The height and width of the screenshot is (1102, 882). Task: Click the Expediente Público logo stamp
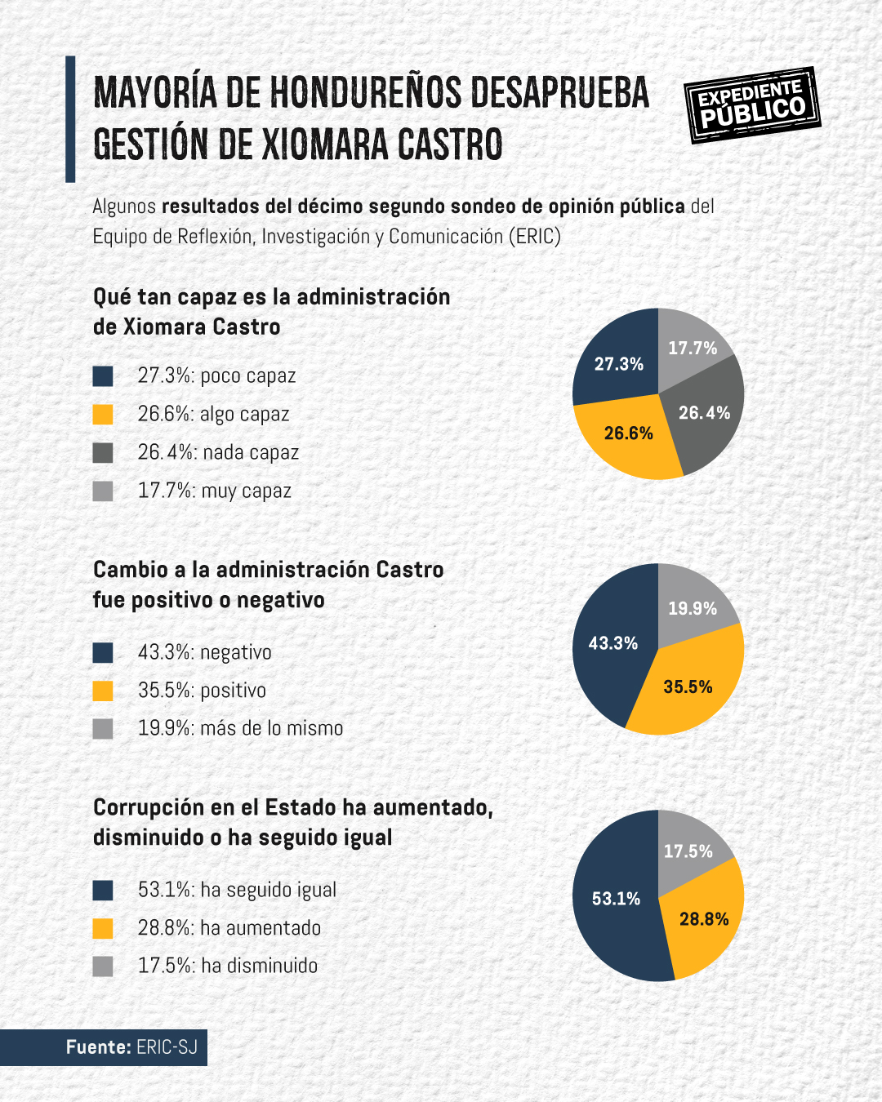point(751,105)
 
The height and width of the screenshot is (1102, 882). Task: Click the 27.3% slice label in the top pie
point(618,364)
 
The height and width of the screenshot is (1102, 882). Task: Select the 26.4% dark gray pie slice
point(705,413)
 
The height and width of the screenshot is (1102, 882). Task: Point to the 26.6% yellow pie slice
point(629,433)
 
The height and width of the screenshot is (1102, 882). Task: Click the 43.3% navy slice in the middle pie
point(612,643)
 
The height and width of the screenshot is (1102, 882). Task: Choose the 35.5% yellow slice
point(688,687)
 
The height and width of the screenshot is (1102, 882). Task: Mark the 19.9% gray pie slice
point(693,608)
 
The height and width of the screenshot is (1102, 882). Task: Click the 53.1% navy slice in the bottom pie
point(616,899)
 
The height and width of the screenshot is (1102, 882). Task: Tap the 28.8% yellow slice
point(703,919)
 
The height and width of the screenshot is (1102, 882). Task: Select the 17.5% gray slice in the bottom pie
point(688,851)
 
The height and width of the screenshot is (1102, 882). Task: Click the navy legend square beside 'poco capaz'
point(103,375)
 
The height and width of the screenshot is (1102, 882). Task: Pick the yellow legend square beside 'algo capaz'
point(103,414)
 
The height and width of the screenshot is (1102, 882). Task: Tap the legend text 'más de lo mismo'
point(272,728)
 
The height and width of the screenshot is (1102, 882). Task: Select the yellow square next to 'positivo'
point(103,691)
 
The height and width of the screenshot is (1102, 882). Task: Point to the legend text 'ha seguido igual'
point(269,890)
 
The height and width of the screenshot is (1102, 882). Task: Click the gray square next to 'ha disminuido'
point(103,966)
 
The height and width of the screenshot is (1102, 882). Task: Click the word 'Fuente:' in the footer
point(98,1047)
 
